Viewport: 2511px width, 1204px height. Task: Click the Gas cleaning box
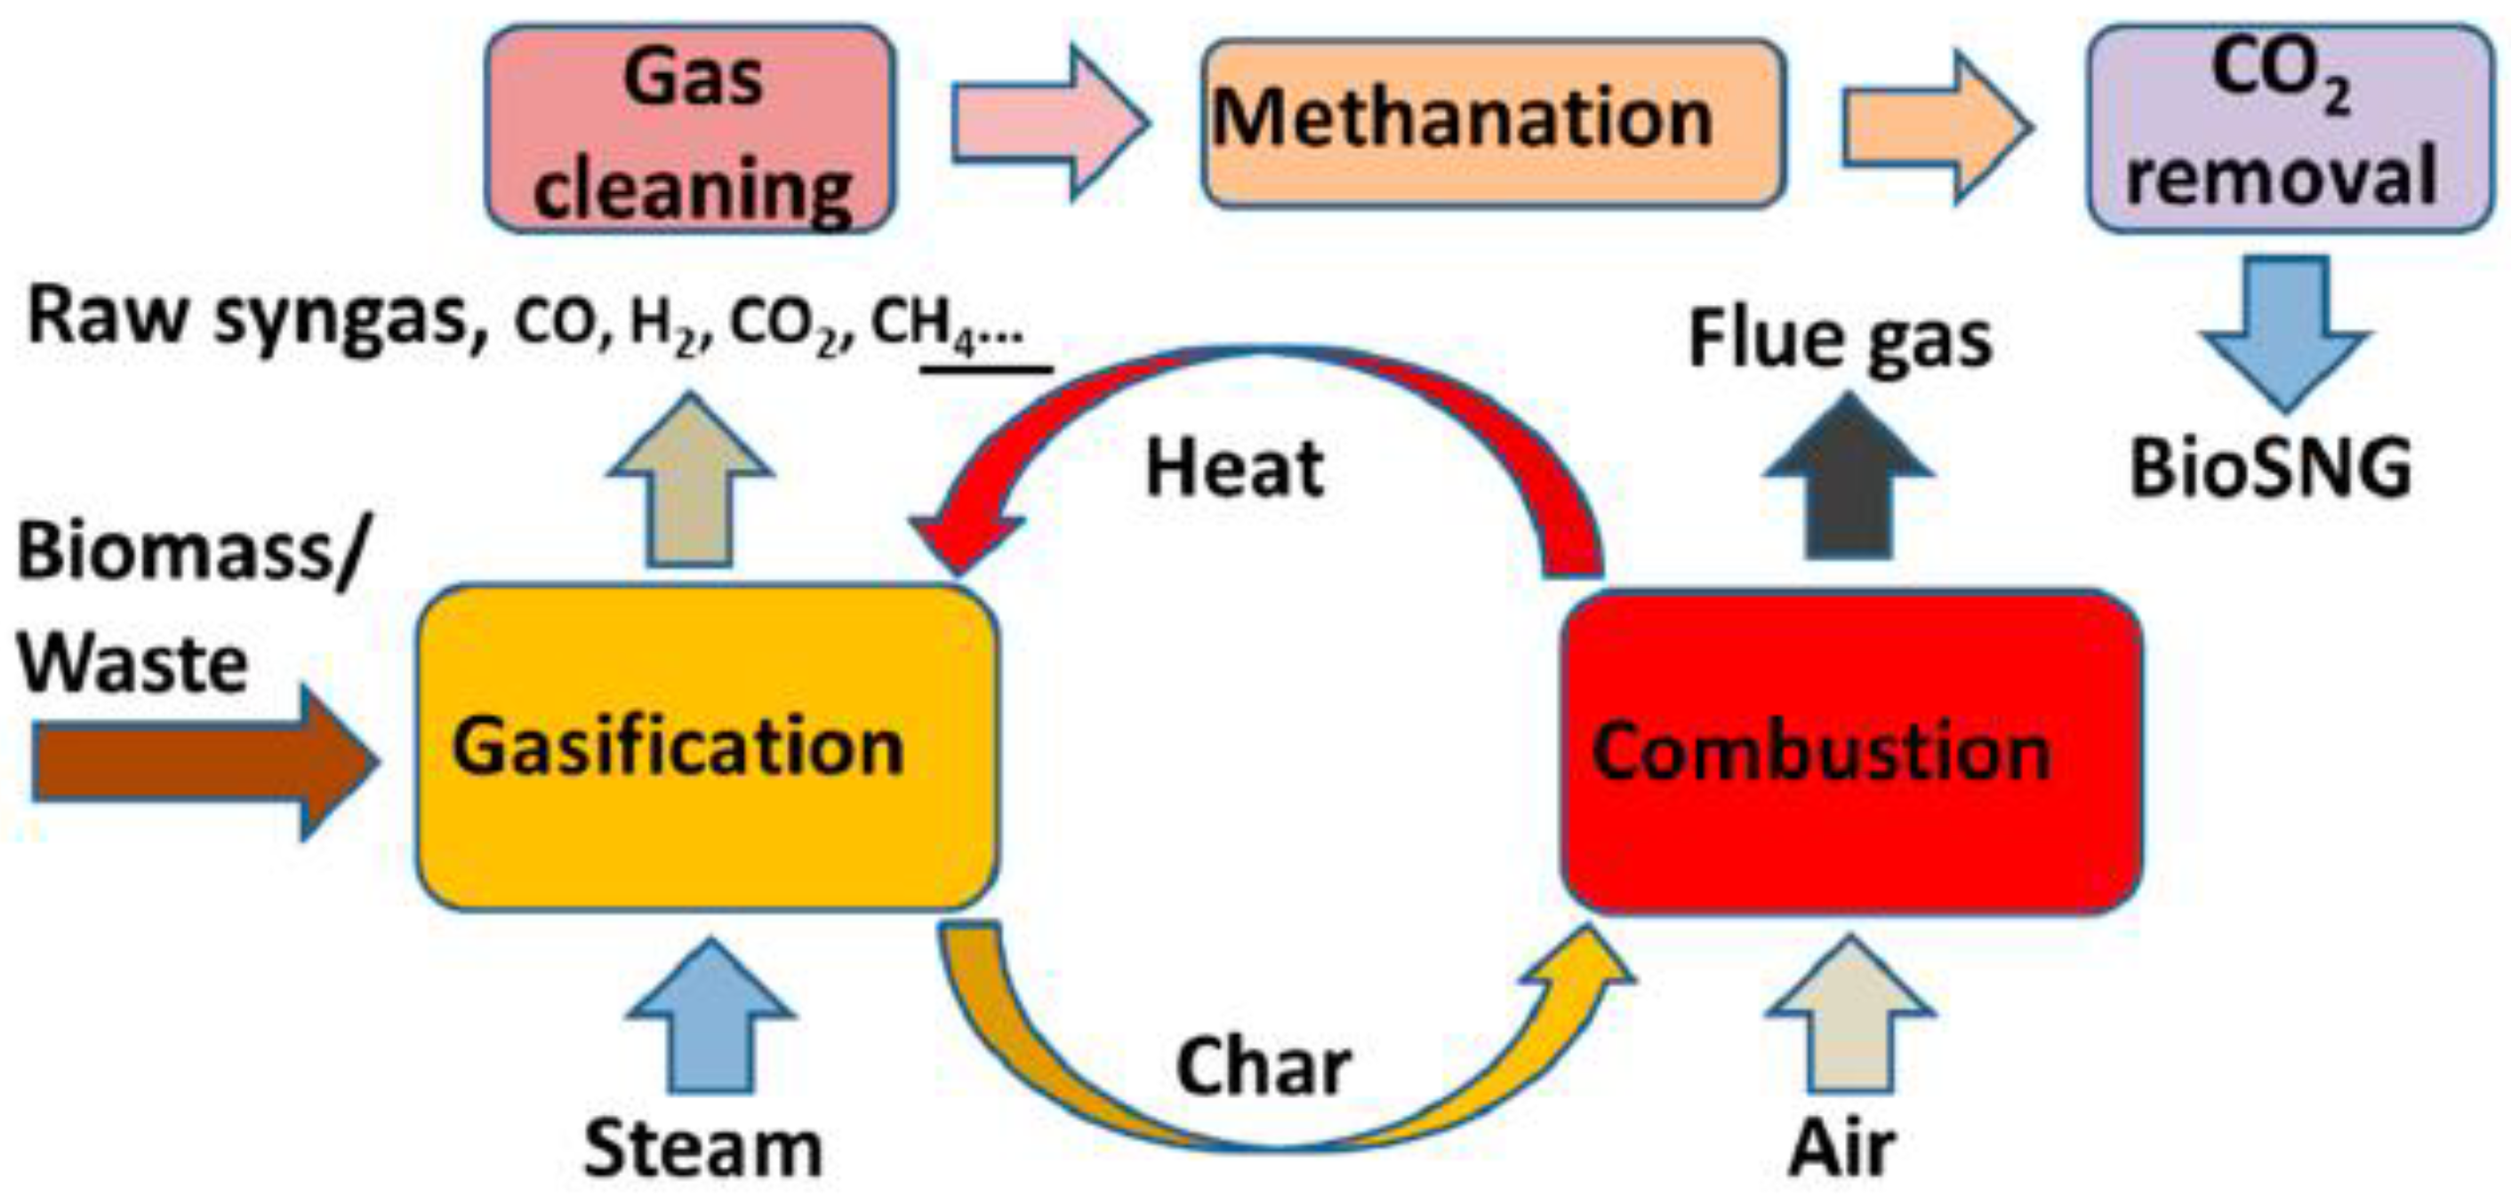[690, 130]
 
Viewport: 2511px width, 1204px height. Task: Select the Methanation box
[1493, 123]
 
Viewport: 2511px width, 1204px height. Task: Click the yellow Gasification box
[708, 748]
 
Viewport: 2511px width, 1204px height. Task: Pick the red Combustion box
[1851, 752]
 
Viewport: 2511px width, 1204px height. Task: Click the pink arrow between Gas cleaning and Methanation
[1047, 124]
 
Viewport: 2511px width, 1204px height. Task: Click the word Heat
[1234, 469]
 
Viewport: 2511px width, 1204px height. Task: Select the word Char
[1263, 1066]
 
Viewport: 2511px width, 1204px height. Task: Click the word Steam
[702, 1149]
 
